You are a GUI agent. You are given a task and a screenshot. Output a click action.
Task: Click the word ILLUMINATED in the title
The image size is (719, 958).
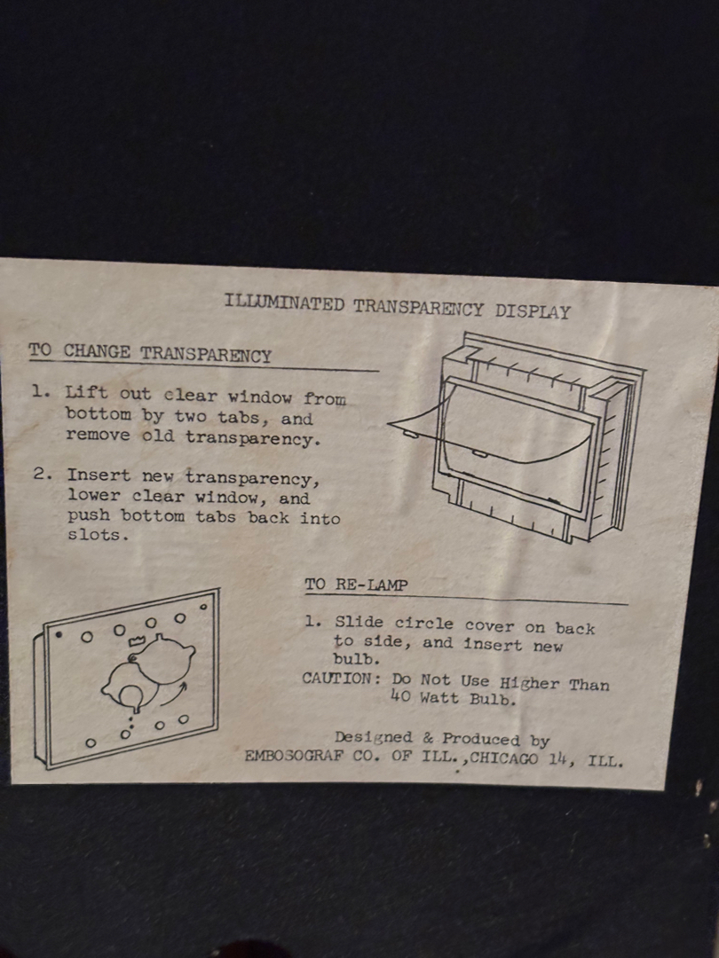click(284, 302)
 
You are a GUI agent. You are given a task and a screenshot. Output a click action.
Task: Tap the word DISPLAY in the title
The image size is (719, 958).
click(533, 311)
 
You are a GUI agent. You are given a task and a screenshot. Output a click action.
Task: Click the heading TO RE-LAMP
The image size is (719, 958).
click(356, 585)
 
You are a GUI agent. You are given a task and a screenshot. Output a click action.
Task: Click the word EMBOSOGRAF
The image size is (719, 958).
click(294, 756)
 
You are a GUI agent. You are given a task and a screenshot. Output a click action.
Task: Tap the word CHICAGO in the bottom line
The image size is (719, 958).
click(504, 758)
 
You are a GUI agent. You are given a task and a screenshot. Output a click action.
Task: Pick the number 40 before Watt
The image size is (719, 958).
click(400, 696)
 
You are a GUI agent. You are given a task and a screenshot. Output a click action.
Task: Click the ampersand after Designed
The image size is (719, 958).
click(427, 738)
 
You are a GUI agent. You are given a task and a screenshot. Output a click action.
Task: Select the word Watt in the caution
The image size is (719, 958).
click(439, 697)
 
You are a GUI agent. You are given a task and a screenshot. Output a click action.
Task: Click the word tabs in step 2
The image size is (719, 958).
click(215, 517)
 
